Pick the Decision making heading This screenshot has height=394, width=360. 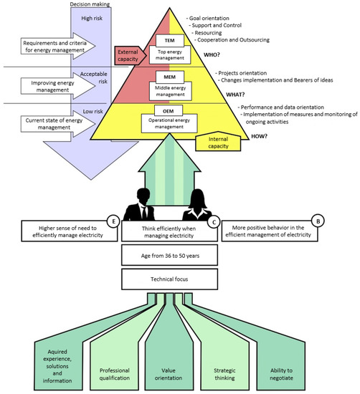click(x=90, y=4)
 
